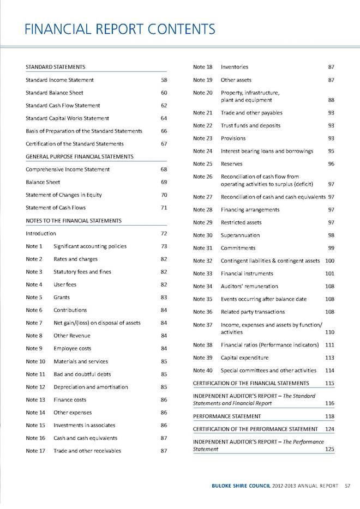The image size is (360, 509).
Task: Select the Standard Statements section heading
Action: click(x=55, y=66)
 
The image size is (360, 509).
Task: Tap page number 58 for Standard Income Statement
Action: click(x=164, y=80)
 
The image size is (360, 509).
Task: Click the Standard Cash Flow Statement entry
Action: click(x=63, y=105)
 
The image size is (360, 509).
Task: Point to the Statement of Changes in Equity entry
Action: click(x=63, y=195)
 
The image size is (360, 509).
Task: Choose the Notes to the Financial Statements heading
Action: click(x=73, y=220)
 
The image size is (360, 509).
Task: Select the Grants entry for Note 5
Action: click(x=62, y=298)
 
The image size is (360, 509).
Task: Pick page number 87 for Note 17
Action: click(x=164, y=451)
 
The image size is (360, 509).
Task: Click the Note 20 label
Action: click(x=202, y=93)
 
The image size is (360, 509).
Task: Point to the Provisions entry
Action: click(x=235, y=138)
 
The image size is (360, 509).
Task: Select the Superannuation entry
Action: click(x=240, y=235)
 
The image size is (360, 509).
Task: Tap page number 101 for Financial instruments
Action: click(x=329, y=274)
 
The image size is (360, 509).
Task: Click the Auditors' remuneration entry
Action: click(x=249, y=286)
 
